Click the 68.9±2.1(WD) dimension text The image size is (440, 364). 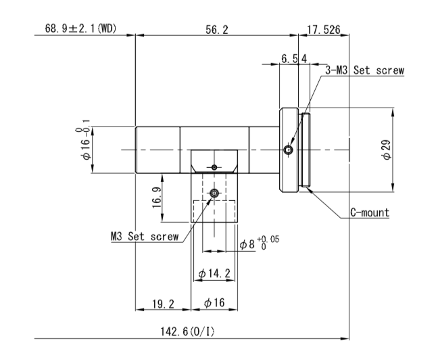tap(80, 28)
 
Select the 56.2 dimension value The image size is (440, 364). tap(217, 30)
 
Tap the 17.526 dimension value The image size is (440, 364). tap(324, 30)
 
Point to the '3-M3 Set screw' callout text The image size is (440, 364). tap(364, 70)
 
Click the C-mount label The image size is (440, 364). tap(370, 212)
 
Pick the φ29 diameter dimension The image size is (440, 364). tap(387, 150)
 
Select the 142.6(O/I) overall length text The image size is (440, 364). tap(187, 332)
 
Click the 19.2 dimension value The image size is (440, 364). tap(163, 304)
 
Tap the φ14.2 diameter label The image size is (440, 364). tap(214, 273)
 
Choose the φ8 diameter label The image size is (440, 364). tap(247, 244)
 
